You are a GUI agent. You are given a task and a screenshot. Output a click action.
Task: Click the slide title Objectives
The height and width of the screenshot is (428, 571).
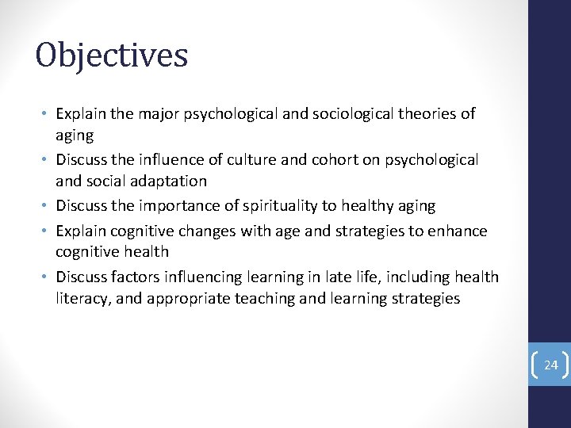pos(112,55)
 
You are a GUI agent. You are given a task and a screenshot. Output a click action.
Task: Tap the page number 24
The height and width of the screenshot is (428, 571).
pos(551,365)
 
